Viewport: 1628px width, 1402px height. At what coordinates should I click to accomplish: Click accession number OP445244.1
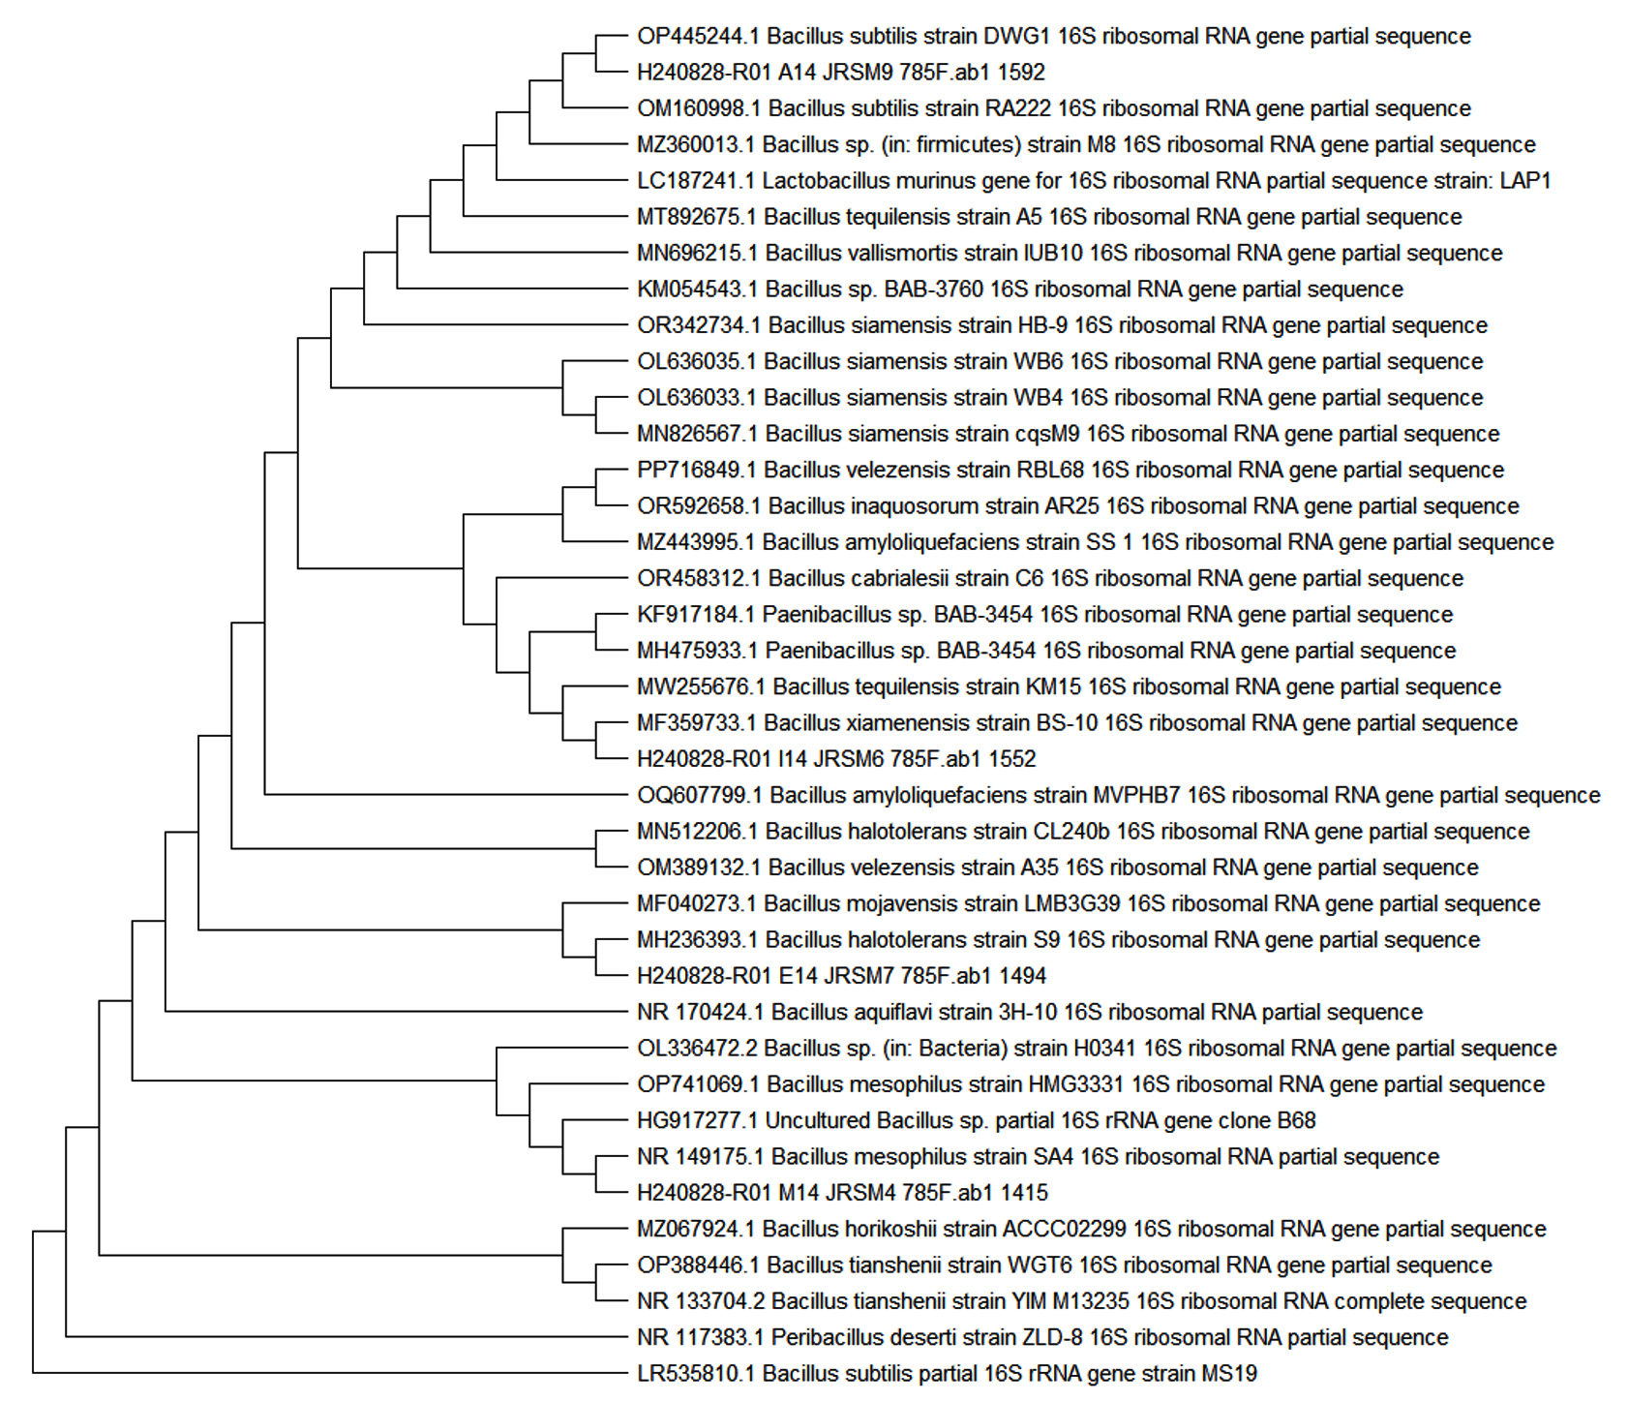(698, 37)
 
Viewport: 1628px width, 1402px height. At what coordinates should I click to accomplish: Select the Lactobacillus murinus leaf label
(1094, 181)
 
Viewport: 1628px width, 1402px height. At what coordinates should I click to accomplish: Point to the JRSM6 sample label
(836, 759)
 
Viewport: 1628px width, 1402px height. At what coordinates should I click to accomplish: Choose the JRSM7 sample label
(841, 976)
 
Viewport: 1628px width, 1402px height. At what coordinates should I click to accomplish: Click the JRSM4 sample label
(842, 1193)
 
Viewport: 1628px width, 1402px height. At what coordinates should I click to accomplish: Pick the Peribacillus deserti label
(1042, 1338)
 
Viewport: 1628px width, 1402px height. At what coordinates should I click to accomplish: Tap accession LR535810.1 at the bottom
(696, 1374)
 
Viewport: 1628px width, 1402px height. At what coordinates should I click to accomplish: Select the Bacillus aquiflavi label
(1030, 1013)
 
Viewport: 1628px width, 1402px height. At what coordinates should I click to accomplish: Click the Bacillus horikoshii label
(1092, 1230)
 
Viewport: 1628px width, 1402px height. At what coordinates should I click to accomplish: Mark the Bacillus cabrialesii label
(1050, 579)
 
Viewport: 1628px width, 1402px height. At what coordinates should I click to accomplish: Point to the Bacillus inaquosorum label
(1078, 506)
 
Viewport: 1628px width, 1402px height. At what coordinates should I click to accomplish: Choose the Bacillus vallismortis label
(1070, 254)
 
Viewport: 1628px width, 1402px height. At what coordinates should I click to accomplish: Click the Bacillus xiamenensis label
(1077, 723)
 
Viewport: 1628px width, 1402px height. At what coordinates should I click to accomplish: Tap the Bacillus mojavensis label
(1089, 904)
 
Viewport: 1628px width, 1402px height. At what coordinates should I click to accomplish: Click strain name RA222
(1020, 108)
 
